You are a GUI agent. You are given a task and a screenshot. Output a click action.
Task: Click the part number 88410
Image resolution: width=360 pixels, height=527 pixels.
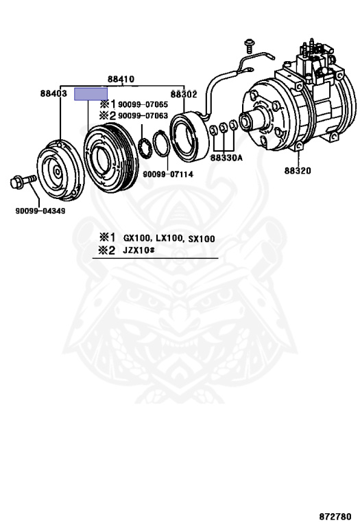pyautogui.click(x=121, y=79)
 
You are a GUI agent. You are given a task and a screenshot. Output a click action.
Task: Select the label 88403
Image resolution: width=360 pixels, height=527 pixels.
pyautogui.click(x=53, y=93)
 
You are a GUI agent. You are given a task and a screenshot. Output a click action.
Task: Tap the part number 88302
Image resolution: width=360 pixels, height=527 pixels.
pyautogui.click(x=184, y=94)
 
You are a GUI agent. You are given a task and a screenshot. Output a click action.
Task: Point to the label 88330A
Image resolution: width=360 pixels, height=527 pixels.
pyautogui.click(x=226, y=158)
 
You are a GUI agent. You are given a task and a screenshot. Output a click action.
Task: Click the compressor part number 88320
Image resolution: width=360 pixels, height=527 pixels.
pyautogui.click(x=298, y=170)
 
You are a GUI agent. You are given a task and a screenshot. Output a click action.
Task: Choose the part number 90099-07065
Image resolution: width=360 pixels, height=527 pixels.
pyautogui.click(x=143, y=104)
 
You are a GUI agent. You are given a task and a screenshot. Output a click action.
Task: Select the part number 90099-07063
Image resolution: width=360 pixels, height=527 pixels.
pyautogui.click(x=143, y=115)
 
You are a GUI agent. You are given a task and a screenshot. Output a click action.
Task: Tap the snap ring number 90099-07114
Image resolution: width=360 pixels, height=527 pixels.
pyautogui.click(x=168, y=174)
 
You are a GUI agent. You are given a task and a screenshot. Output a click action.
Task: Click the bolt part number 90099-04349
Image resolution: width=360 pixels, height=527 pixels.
pyautogui.click(x=40, y=211)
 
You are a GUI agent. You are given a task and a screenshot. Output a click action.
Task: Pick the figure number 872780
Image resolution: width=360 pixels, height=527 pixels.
pyautogui.click(x=335, y=516)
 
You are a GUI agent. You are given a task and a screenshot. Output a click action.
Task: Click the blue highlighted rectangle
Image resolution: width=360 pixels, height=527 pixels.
pyautogui.click(x=91, y=94)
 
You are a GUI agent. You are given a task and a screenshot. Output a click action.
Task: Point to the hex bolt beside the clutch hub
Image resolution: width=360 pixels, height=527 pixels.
pyautogui.click(x=23, y=181)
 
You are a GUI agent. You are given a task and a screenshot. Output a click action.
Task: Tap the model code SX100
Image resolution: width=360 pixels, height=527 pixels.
pyautogui.click(x=202, y=239)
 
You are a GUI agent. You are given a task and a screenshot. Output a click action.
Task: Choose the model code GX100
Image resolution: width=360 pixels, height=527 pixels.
pyautogui.click(x=137, y=239)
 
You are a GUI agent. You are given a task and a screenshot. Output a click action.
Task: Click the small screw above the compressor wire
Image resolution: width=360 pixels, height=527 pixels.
pyautogui.click(x=249, y=46)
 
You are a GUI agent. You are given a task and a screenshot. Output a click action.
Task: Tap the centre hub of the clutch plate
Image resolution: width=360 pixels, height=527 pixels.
pyautogui.click(x=58, y=172)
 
